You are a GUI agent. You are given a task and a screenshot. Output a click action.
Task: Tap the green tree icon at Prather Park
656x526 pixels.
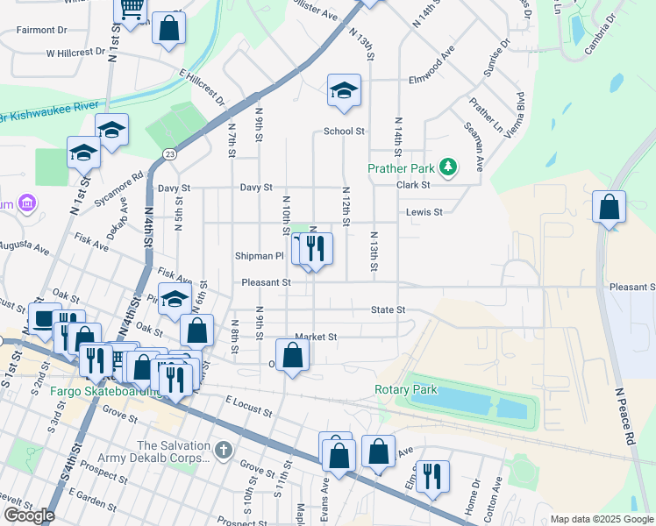tap(447, 167)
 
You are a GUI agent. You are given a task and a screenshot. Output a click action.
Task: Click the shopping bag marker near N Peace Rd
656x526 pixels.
tap(609, 209)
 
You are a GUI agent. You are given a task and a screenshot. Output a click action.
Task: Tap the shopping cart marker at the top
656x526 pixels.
tap(132, 11)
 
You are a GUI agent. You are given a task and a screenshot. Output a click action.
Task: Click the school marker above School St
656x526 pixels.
tap(344, 90)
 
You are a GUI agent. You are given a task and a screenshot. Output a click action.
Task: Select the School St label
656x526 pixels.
tap(344, 131)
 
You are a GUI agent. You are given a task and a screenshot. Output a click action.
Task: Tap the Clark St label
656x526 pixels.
tap(413, 185)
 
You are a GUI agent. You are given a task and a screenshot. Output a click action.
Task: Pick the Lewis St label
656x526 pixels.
tap(424, 212)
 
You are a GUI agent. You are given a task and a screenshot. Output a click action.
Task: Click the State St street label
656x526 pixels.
tap(388, 309)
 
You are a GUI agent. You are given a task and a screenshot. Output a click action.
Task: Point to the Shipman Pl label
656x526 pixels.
tap(260, 256)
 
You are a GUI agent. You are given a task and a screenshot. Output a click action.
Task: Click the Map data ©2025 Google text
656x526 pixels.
tap(601, 519)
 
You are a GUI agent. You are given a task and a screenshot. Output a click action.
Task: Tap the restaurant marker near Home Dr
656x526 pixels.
tap(432, 476)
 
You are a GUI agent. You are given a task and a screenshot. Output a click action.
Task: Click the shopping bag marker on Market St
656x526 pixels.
tap(293, 355)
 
